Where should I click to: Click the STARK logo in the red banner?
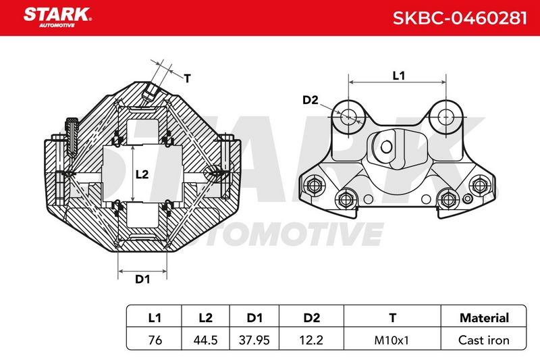pos(57,16)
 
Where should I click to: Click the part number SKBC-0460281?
pos(460,18)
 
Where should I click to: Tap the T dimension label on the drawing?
pos(187,78)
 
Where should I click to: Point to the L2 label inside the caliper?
pos(142,174)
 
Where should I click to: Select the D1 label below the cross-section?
pos(142,279)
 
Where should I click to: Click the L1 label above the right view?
pos(399,76)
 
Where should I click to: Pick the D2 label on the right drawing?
pos(310,100)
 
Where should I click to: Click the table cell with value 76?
pos(155,340)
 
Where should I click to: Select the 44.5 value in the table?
pos(205,340)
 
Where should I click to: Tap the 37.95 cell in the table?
pos(254,340)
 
